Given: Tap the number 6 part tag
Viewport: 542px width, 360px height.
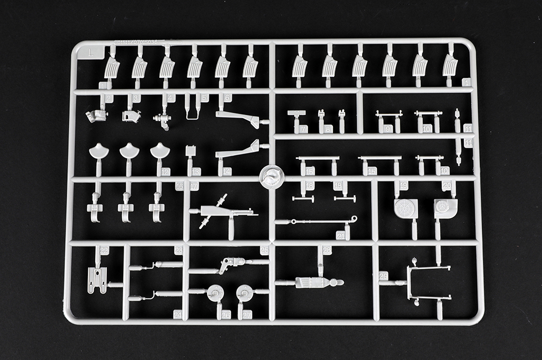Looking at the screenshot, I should click(228, 98).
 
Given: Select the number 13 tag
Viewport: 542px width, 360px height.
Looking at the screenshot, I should click(196, 172).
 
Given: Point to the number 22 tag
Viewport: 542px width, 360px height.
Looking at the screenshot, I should click(104, 250).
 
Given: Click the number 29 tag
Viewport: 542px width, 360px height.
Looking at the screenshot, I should click(384, 276).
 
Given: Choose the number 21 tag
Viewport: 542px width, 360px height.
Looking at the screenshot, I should click(341, 236).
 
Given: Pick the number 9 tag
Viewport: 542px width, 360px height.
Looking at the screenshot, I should click(389, 129).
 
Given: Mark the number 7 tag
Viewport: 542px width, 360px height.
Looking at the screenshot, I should click(303, 129).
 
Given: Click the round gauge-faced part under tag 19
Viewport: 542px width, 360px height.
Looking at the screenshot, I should click(405, 209).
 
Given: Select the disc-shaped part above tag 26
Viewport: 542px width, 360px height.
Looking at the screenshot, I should click(215, 293).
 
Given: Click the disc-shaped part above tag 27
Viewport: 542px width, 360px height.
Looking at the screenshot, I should click(243, 293).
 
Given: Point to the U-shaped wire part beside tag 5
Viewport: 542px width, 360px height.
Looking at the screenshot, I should click(193, 105).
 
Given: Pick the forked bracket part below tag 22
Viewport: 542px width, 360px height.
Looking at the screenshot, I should click(97, 280).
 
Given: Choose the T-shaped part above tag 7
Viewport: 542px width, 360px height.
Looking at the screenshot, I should click(297, 113).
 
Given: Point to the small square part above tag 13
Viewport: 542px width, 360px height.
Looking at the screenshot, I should click(191, 151).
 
